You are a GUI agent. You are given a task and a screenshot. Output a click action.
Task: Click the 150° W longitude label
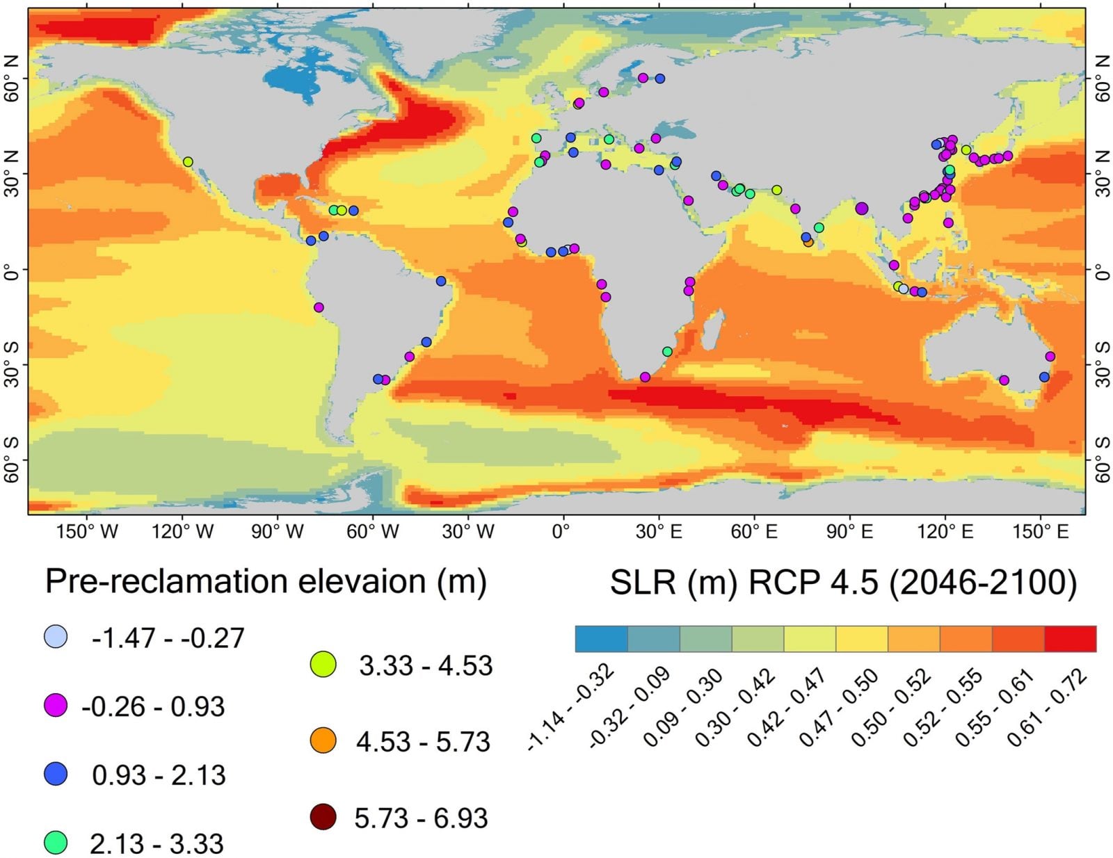coord(87,532)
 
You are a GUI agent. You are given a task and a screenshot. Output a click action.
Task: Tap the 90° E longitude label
coord(849,532)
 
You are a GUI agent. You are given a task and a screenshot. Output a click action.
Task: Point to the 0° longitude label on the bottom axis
coord(561,532)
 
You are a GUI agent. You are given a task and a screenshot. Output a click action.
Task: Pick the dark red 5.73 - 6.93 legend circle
coord(323,816)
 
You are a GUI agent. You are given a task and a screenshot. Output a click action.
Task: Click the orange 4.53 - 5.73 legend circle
coord(323,740)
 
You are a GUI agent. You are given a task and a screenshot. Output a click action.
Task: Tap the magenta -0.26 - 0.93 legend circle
coord(56,706)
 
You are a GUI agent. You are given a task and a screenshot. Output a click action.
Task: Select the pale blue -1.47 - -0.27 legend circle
coord(56,636)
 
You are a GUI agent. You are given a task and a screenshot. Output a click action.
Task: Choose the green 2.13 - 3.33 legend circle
coord(56,843)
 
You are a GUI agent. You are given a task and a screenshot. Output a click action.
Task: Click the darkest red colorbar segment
coord(1070,638)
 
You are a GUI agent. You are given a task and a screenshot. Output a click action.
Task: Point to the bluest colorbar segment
coord(601,638)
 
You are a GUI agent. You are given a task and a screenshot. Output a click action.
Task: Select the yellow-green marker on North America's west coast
coord(188,162)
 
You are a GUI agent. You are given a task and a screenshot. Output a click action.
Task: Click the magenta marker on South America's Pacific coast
coord(319,307)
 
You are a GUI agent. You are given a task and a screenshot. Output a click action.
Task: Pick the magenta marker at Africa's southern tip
coord(645,377)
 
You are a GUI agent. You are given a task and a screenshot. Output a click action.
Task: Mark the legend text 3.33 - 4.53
coord(425,666)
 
